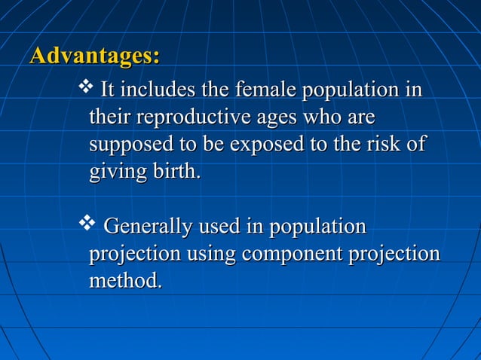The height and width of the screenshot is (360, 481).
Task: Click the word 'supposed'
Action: point(130,144)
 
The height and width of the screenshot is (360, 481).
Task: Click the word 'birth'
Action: point(176,170)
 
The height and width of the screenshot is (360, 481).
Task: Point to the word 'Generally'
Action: point(146,227)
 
